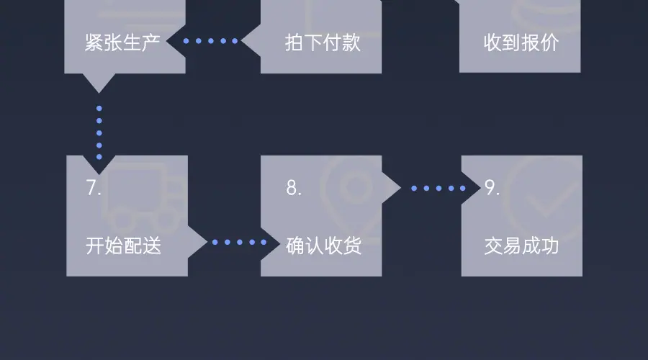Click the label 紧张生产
122,42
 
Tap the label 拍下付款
323,42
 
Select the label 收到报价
521,42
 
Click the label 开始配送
124,247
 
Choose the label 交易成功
522,247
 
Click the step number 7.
93,188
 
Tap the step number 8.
293,188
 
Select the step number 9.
492,188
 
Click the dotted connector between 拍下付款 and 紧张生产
210,41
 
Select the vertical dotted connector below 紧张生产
99,132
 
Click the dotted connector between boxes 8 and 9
438,189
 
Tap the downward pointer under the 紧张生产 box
99,82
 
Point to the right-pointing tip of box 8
392,189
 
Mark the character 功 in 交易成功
550,247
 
